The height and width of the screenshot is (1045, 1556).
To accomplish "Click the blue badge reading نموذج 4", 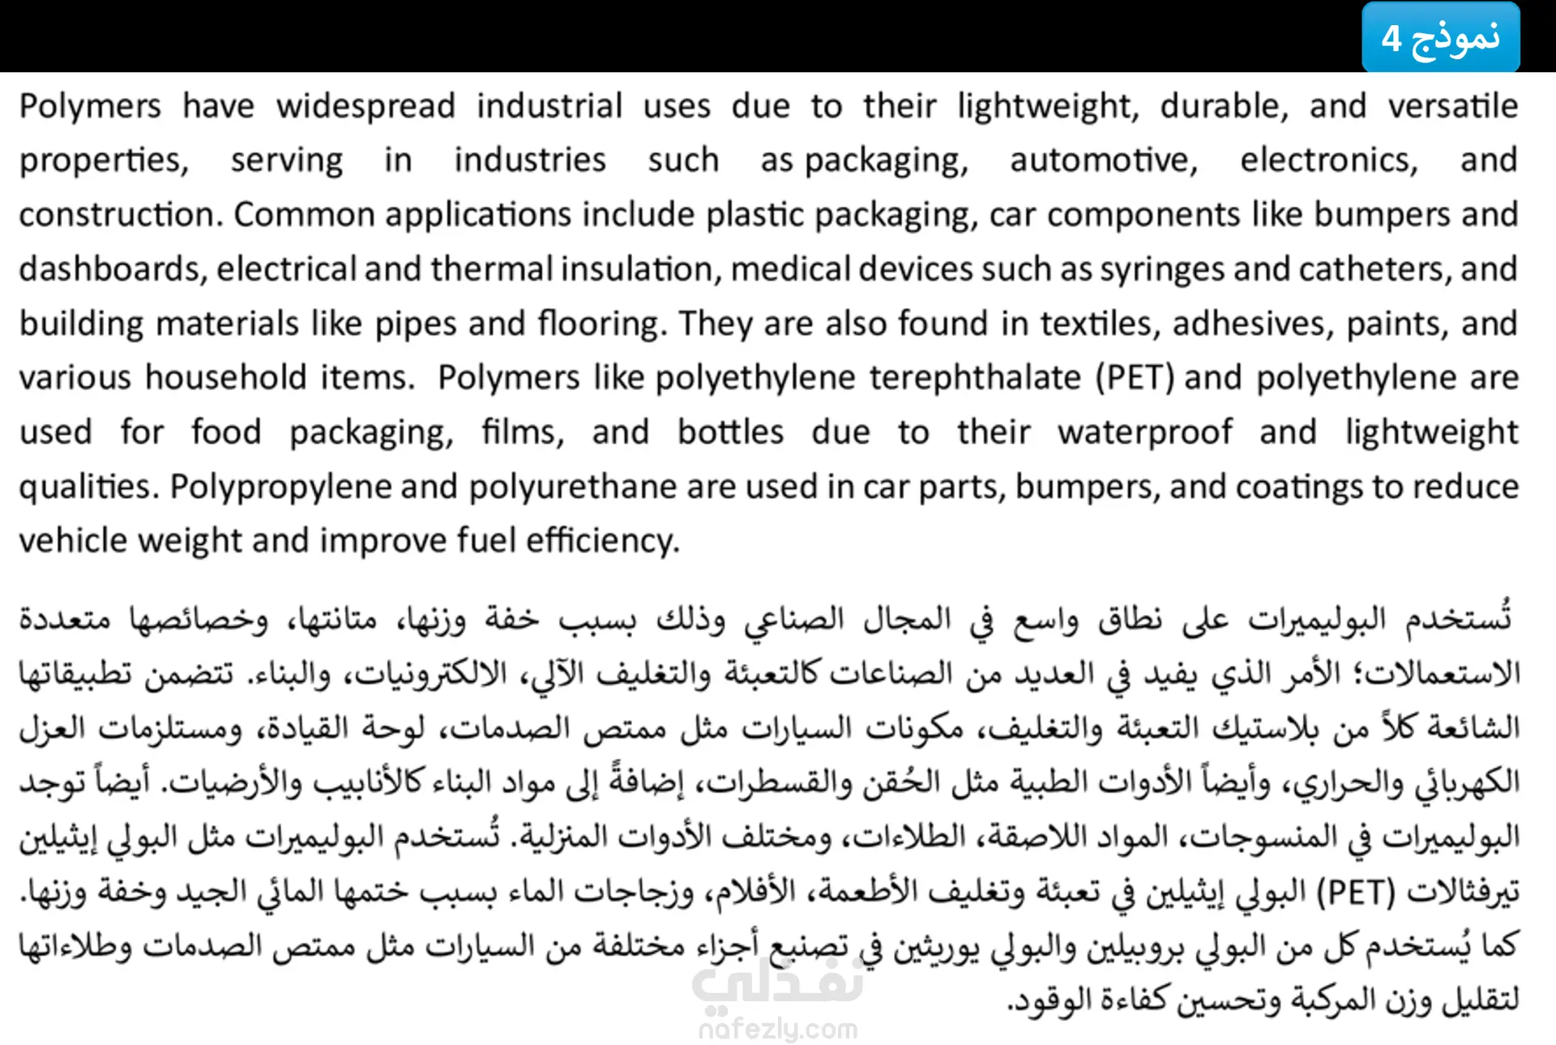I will (x=1440, y=37).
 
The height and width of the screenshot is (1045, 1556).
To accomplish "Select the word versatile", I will (x=1452, y=107).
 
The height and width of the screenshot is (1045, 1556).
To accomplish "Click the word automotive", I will (x=1103, y=160).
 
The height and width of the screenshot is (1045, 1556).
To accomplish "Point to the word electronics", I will (x=1329, y=160).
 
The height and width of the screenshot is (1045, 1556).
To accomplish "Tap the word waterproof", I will (x=1144, y=433).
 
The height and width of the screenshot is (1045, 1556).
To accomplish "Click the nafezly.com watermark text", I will (x=778, y=1029).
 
